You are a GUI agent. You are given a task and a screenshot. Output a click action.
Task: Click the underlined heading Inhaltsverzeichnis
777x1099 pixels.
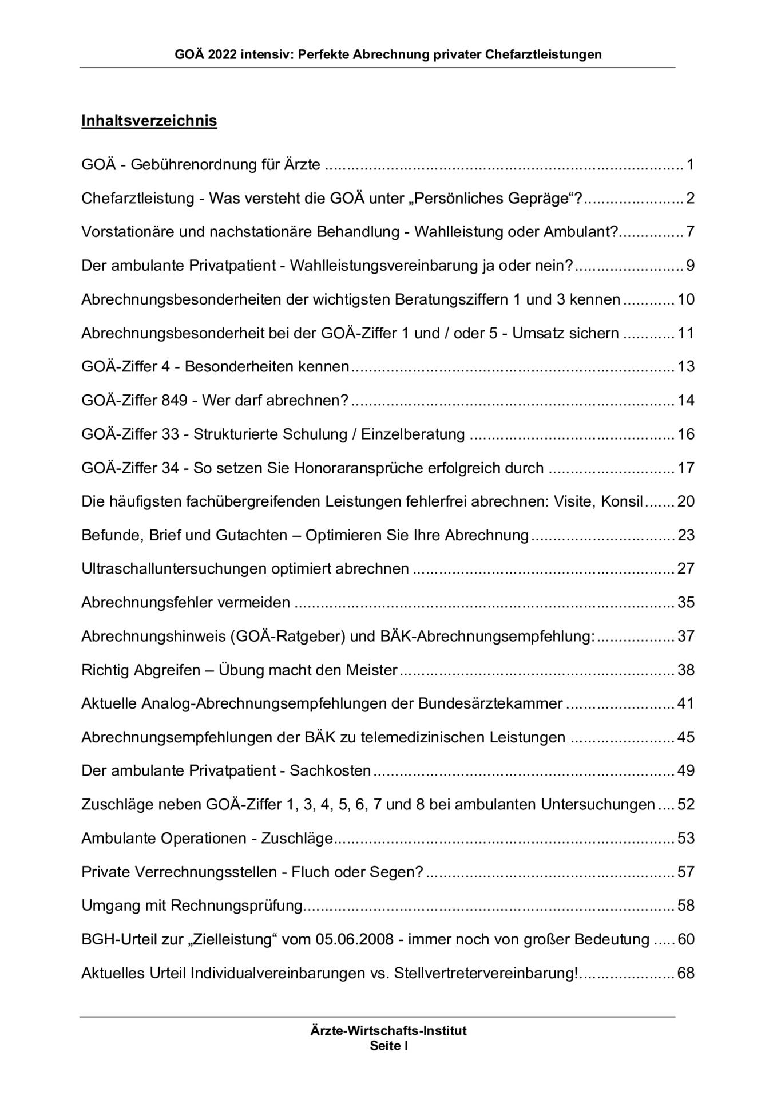point(149,121)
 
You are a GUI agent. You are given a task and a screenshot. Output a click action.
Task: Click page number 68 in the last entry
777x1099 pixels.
point(685,973)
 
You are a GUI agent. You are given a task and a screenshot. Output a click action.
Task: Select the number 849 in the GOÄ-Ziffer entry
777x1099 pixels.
point(175,400)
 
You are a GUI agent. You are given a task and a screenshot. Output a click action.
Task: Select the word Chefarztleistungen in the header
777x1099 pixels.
point(544,55)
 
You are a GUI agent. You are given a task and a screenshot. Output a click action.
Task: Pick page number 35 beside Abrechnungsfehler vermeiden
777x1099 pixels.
point(685,602)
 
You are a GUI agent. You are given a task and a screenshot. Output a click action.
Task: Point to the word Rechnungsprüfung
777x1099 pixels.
point(236,906)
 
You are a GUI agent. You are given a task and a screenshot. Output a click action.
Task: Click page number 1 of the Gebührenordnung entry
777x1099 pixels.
point(690,165)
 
